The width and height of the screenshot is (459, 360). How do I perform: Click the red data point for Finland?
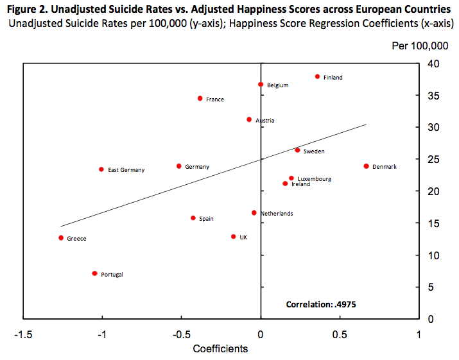pyautogui.click(x=317, y=76)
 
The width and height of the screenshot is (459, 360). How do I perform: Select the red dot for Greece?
pyautogui.click(x=61, y=237)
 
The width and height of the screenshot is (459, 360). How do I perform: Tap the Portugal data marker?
pyautogui.click(x=94, y=273)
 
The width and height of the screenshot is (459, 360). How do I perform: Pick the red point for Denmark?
pyautogui.click(x=366, y=166)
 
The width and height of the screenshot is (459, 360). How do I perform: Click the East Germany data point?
pyautogui.click(x=101, y=169)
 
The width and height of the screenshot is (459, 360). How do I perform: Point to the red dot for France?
pyautogui.click(x=200, y=98)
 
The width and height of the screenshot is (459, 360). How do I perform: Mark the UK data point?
pyautogui.click(x=233, y=236)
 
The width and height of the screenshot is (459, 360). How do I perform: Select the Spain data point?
pyautogui.click(x=193, y=218)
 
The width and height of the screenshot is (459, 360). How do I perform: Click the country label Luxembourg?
pyautogui.click(x=315, y=179)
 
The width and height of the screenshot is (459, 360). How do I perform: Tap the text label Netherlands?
pyautogui.click(x=277, y=214)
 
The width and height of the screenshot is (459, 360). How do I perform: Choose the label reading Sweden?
pyautogui.click(x=314, y=151)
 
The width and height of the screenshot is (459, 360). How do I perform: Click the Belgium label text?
pyautogui.click(x=278, y=85)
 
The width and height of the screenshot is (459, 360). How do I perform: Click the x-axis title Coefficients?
pyautogui.click(x=220, y=348)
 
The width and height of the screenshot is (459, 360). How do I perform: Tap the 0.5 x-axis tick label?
pyautogui.click(x=340, y=334)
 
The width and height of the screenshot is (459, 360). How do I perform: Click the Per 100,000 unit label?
pyautogui.click(x=420, y=47)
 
